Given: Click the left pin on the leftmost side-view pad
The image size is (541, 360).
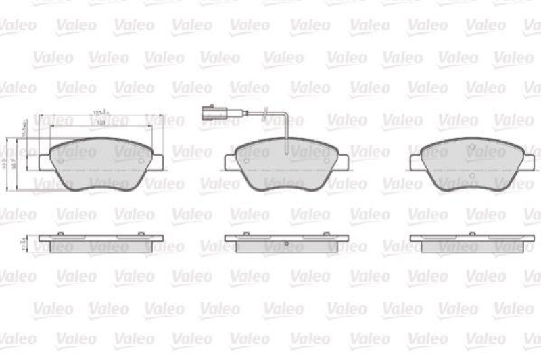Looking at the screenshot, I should pyautogui.click(x=61, y=234).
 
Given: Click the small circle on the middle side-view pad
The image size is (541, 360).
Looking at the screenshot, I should pyautogui.click(x=287, y=244).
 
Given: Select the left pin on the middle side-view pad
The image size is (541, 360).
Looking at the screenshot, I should pyautogui.click(x=246, y=234).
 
